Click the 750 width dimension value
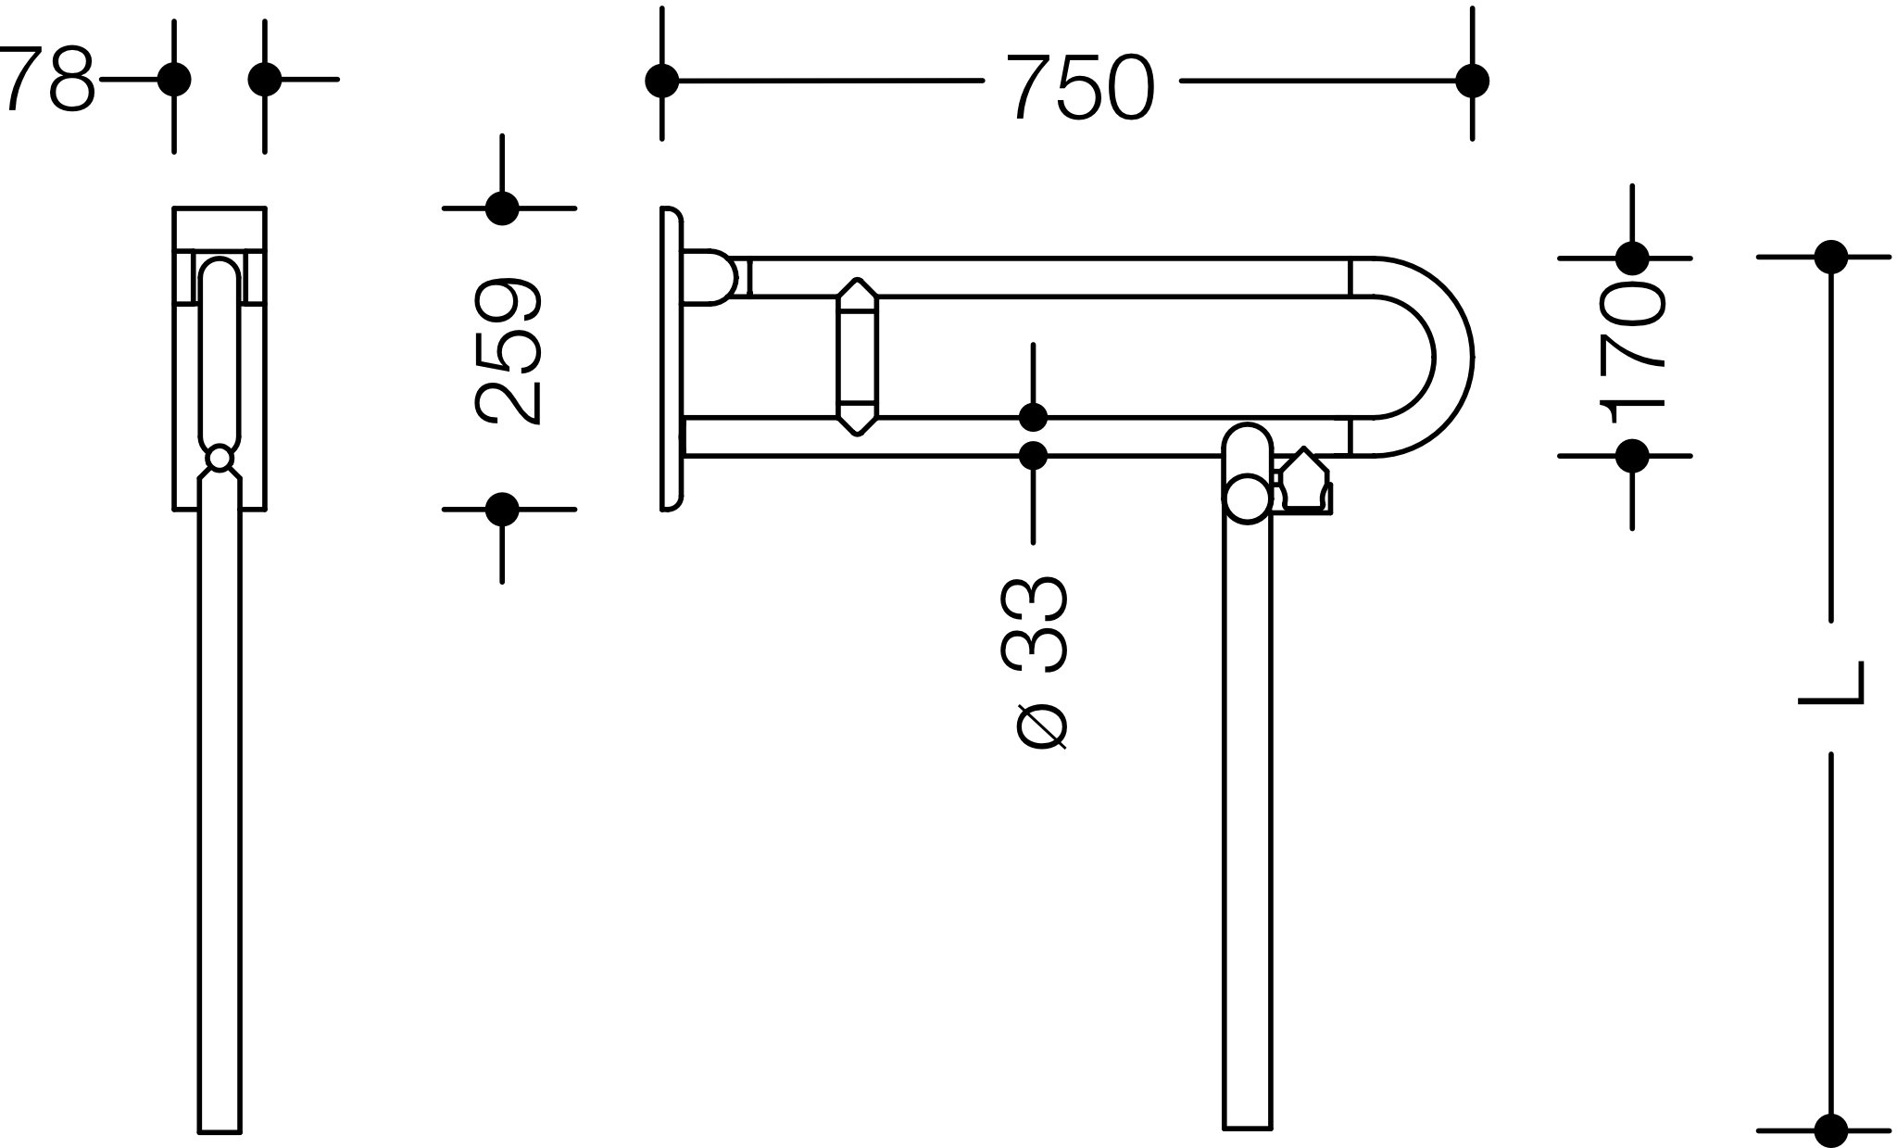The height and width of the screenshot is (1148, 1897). tap(1080, 87)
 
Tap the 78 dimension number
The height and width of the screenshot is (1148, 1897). tap(48, 80)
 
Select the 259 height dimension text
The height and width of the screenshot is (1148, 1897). tap(508, 351)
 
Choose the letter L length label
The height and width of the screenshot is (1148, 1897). tap(1830, 695)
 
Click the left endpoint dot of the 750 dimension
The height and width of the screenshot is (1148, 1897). tap(661, 81)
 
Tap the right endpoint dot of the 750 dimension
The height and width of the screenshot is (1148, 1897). tap(1472, 81)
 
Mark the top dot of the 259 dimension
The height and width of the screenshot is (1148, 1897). tap(502, 208)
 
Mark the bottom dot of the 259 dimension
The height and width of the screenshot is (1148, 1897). tap(502, 509)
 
